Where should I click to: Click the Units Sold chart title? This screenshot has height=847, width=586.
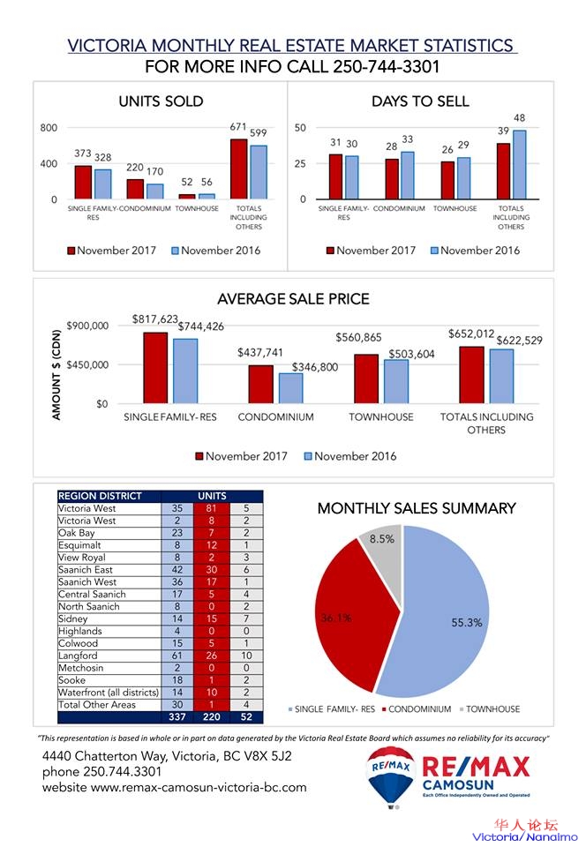click(161, 101)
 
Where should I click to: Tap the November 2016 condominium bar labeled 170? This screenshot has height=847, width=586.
click(154, 191)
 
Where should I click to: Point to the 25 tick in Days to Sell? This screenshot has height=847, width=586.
click(300, 164)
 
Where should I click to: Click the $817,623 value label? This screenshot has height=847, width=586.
click(155, 319)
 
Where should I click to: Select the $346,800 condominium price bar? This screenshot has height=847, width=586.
click(290, 388)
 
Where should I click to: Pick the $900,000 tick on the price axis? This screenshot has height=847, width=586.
click(88, 326)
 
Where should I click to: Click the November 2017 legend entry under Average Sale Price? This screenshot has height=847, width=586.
click(240, 456)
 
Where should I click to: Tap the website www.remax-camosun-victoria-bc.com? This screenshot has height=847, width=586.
click(175, 787)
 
